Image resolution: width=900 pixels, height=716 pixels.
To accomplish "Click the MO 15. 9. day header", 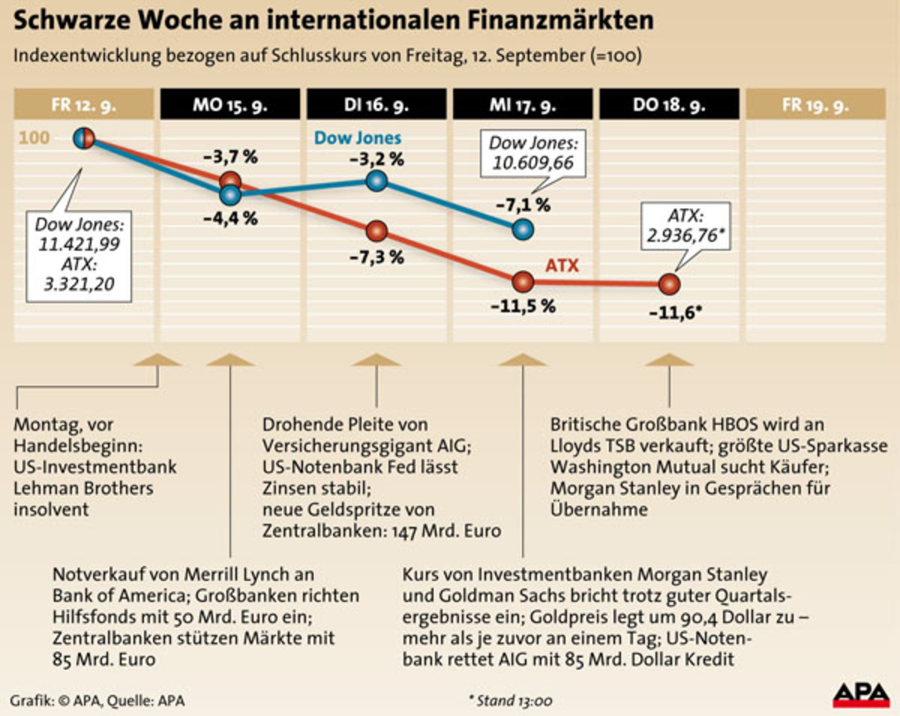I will tap(229, 104).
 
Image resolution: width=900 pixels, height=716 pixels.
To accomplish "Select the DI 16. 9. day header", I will tap(376, 104).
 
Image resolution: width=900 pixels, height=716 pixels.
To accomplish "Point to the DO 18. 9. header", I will tap(669, 104).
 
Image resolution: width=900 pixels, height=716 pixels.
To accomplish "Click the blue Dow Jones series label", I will tap(358, 138).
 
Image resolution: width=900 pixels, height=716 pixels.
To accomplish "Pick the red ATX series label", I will tap(562, 265).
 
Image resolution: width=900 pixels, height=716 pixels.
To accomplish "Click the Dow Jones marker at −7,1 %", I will tap(523, 229).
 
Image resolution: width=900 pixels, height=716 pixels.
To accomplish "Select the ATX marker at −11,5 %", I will tap(523, 282).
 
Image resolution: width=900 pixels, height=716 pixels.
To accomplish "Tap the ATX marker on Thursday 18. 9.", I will tap(669, 284).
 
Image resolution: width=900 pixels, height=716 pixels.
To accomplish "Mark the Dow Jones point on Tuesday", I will tap(376, 181).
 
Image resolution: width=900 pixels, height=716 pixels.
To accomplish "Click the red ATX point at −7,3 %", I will tap(376, 230).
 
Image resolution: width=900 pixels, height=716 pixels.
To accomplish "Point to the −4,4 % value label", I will tap(230, 219).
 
